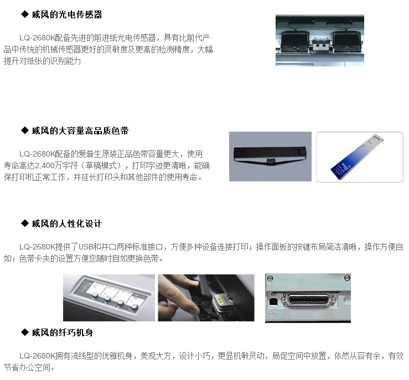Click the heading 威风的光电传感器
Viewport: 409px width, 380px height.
[x=67, y=14]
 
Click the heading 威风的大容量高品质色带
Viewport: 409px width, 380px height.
[x=80, y=131]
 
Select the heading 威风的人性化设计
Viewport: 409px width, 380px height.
[x=67, y=223]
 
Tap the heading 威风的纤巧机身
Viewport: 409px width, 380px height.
[x=63, y=332]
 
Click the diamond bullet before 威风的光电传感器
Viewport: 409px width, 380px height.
[x=25, y=14]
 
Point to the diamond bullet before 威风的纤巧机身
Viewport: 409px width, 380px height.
[x=25, y=332]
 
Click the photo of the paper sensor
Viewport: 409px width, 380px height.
[x=320, y=40]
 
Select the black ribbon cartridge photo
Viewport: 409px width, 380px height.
[x=270, y=157]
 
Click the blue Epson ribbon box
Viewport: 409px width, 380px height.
[x=358, y=157]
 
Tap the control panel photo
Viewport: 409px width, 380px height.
[x=109, y=298]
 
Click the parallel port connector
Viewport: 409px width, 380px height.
[x=309, y=300]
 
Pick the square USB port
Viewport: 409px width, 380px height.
[x=273, y=301]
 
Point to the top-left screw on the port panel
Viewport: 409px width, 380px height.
[x=270, y=278]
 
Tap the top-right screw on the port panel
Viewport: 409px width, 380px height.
[x=346, y=278]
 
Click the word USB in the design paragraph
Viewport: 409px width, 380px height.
[x=86, y=247]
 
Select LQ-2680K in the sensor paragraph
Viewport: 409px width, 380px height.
[x=37, y=38]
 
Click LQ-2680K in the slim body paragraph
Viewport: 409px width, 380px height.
[x=37, y=356]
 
